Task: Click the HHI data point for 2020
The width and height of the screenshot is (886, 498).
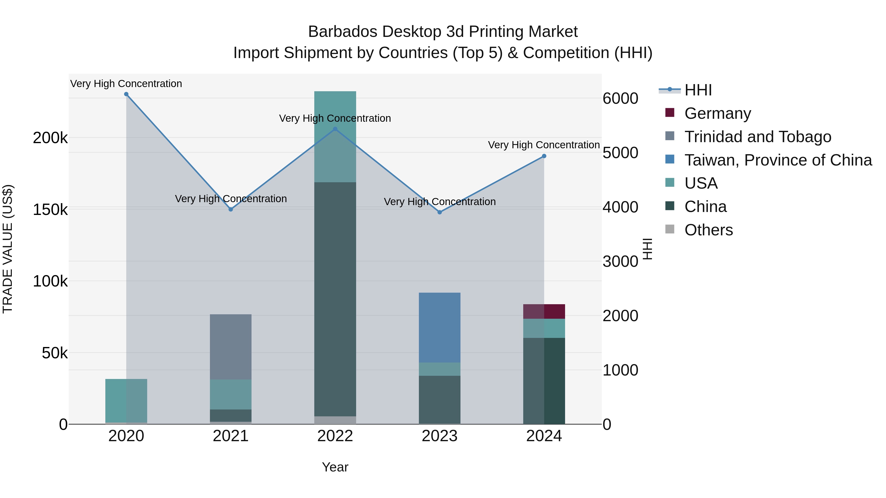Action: click(x=126, y=94)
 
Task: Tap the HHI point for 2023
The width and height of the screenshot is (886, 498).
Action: click(x=440, y=212)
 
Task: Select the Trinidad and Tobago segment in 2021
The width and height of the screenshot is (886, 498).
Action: click(x=231, y=347)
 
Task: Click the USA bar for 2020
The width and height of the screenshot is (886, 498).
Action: click(x=126, y=400)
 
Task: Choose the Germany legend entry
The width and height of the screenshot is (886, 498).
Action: click(x=717, y=113)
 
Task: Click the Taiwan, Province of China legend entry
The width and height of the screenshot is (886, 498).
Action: click(x=778, y=160)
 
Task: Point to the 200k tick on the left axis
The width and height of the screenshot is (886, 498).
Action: click(x=50, y=138)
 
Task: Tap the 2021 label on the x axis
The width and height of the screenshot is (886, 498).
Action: click(x=231, y=436)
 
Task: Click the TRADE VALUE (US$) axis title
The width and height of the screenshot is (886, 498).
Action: click(x=8, y=249)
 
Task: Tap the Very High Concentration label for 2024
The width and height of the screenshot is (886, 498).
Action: click(x=544, y=145)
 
